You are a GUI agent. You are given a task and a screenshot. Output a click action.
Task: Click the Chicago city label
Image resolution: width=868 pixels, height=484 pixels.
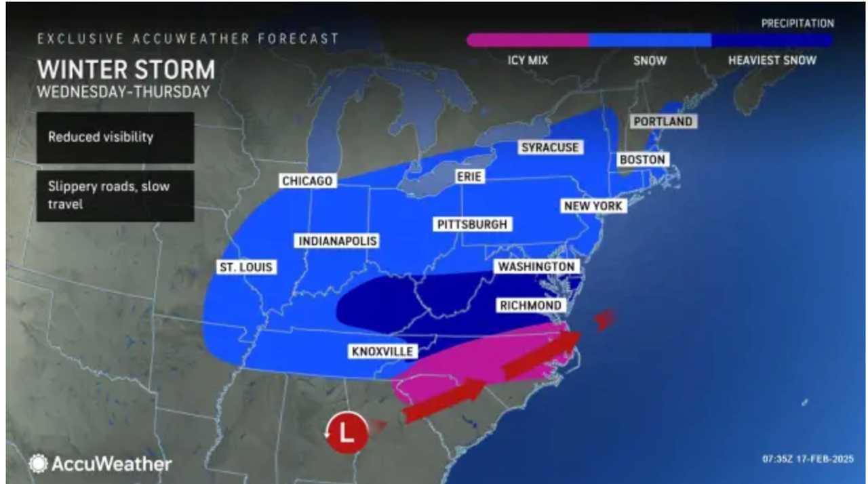tap(307, 181)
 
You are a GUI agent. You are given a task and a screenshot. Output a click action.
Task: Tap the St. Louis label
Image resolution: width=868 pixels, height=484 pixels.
tap(245, 267)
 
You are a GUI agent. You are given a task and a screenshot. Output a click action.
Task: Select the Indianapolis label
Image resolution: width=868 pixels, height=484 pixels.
tap(336, 241)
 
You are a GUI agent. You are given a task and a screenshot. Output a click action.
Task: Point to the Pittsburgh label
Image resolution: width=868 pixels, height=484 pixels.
tap(472, 224)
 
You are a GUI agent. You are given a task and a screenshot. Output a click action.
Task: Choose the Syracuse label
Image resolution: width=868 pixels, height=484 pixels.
tap(550, 147)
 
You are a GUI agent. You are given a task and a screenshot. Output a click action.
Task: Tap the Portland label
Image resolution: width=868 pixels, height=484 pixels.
tap(663, 121)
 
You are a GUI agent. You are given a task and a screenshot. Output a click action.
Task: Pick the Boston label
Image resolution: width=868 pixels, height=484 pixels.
tap(641, 160)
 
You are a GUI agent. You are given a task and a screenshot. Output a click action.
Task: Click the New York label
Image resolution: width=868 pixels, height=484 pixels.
tap(591, 205)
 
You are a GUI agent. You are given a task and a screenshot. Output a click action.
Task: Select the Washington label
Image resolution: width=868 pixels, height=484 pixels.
tap(536, 267)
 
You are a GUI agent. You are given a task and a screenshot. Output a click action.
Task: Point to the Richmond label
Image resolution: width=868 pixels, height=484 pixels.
tap(530, 306)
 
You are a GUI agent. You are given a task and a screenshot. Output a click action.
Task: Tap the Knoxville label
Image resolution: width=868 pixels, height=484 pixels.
tap(382, 351)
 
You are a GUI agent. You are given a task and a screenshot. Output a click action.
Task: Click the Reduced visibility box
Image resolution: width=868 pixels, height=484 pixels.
tap(115, 137)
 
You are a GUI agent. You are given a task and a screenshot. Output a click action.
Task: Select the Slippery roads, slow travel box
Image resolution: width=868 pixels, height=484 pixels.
tap(115, 196)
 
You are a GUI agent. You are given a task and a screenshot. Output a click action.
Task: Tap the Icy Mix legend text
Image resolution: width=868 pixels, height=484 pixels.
tap(528, 60)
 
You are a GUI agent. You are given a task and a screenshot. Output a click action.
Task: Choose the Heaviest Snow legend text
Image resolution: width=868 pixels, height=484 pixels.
tap(772, 60)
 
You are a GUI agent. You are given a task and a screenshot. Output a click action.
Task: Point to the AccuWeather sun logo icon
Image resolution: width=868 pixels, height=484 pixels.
tap(38, 464)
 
